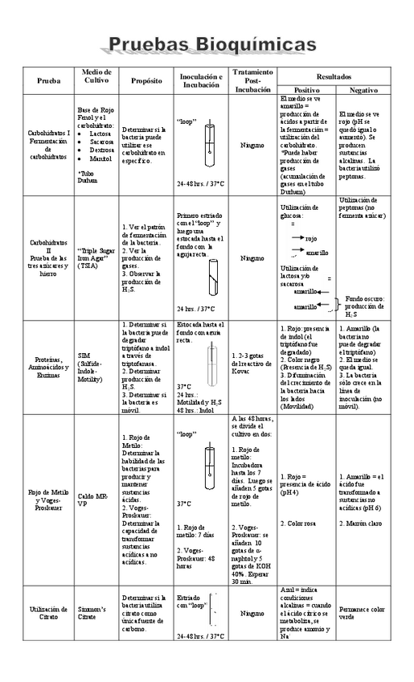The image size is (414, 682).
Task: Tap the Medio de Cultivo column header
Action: [x=96, y=77]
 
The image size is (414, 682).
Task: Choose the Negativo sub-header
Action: [x=363, y=90]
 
